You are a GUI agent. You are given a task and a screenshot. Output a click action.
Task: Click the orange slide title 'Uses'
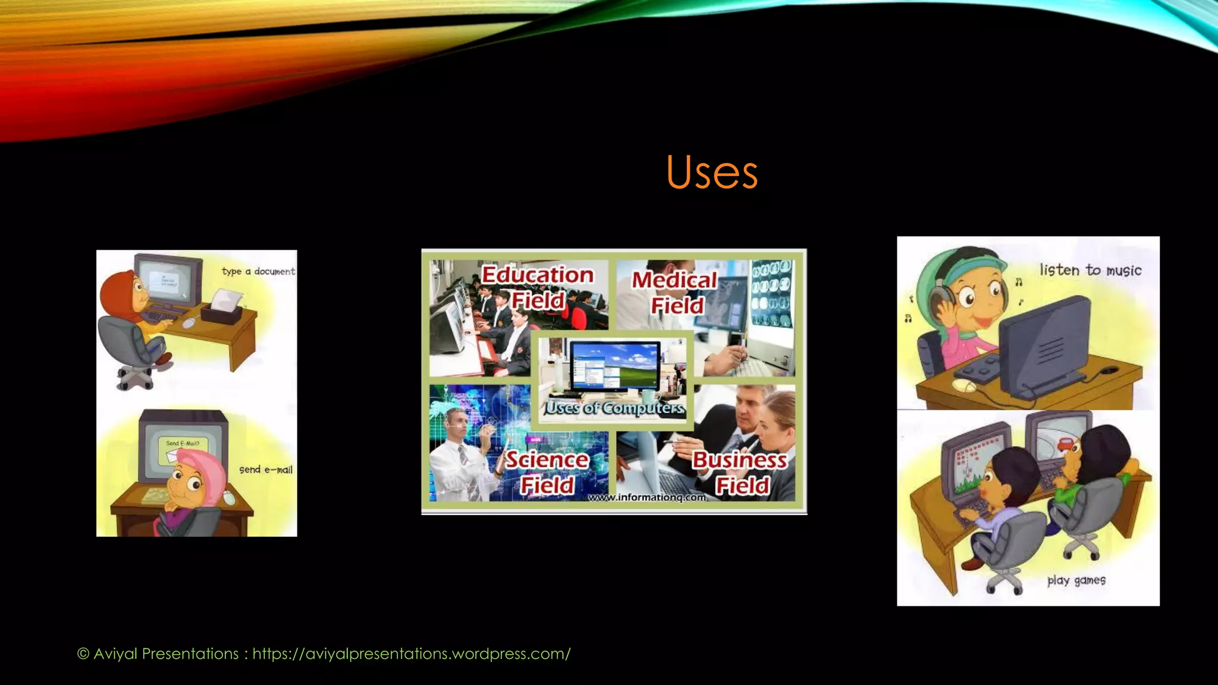coord(712,172)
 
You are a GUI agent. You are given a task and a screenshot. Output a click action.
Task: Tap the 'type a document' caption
coord(258,271)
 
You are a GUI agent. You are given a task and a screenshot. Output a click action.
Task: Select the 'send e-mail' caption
coord(266,470)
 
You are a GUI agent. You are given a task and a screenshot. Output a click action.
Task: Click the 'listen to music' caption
coord(1090,270)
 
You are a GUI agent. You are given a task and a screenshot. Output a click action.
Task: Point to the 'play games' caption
coord(1076,580)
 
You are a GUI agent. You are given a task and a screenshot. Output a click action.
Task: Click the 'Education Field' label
coord(538,287)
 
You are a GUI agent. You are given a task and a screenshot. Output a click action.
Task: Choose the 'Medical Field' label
coord(675,292)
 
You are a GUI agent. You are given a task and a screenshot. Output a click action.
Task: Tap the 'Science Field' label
coord(547,472)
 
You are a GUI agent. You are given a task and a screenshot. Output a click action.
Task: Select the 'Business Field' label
coord(740,472)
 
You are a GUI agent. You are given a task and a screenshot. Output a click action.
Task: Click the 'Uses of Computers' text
coord(615,408)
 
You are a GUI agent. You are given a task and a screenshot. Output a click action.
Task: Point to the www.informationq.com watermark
coord(647,497)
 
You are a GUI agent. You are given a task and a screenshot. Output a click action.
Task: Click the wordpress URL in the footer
coord(412,653)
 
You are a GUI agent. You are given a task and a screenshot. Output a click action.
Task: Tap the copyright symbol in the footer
coord(83,654)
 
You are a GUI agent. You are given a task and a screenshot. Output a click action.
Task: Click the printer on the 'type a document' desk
coord(224,306)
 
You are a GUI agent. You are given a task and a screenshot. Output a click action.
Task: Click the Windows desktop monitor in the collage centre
coord(615,365)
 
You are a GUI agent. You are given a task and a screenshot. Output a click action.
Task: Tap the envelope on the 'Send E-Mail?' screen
coord(172,455)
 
